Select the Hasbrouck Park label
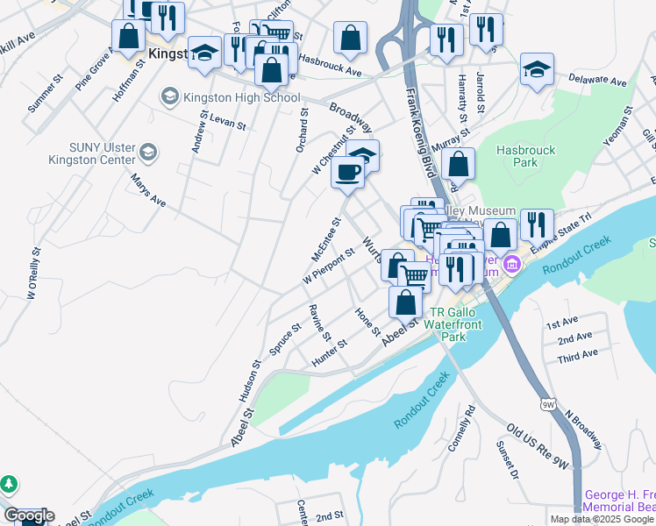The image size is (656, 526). (526, 157)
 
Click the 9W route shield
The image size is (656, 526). (548, 404)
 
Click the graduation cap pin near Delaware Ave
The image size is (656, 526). (537, 69)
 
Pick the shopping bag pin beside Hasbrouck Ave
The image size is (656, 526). (350, 38)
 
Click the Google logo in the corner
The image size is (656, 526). (28, 515)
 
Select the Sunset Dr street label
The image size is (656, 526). (508, 460)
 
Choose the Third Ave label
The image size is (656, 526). (577, 353)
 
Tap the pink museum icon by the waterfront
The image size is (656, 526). (517, 261)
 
